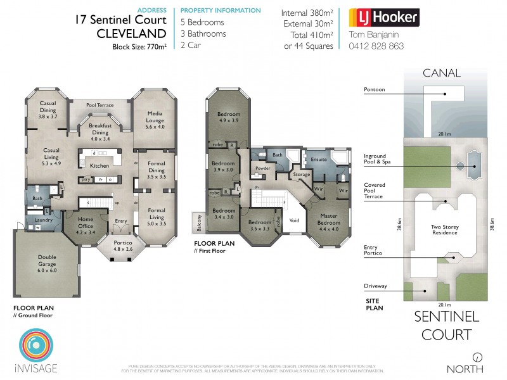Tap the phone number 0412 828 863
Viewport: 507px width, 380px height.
(x=376, y=46)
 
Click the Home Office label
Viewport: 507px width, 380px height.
(x=85, y=222)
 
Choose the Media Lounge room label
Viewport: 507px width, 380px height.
(x=155, y=117)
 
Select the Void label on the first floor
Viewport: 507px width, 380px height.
(x=294, y=220)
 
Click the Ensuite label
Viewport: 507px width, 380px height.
(x=319, y=160)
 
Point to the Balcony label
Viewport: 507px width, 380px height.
(x=198, y=222)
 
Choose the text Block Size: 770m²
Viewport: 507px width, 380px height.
(x=139, y=47)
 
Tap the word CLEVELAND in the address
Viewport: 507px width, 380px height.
(x=131, y=33)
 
